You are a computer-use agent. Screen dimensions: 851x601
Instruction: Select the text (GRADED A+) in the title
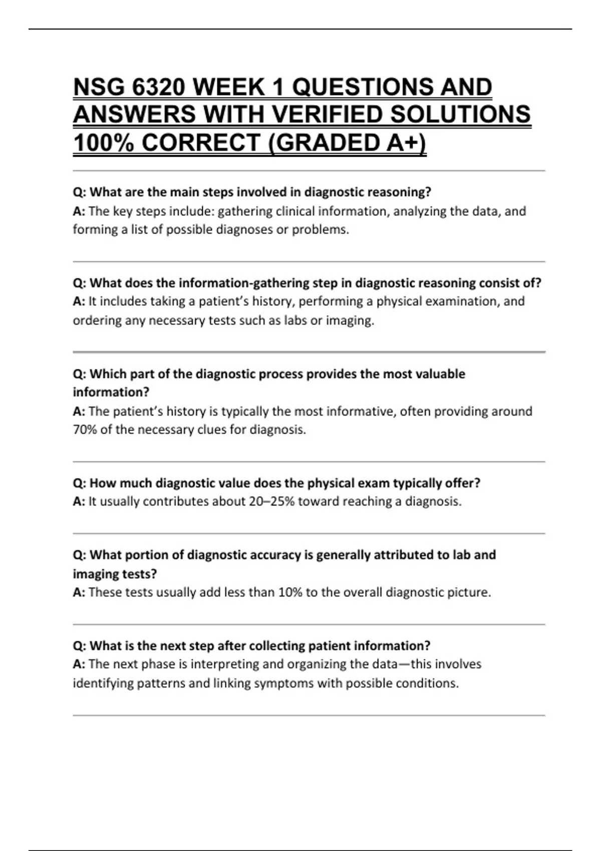point(348,143)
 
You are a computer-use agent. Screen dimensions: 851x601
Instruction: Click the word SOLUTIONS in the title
point(460,115)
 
